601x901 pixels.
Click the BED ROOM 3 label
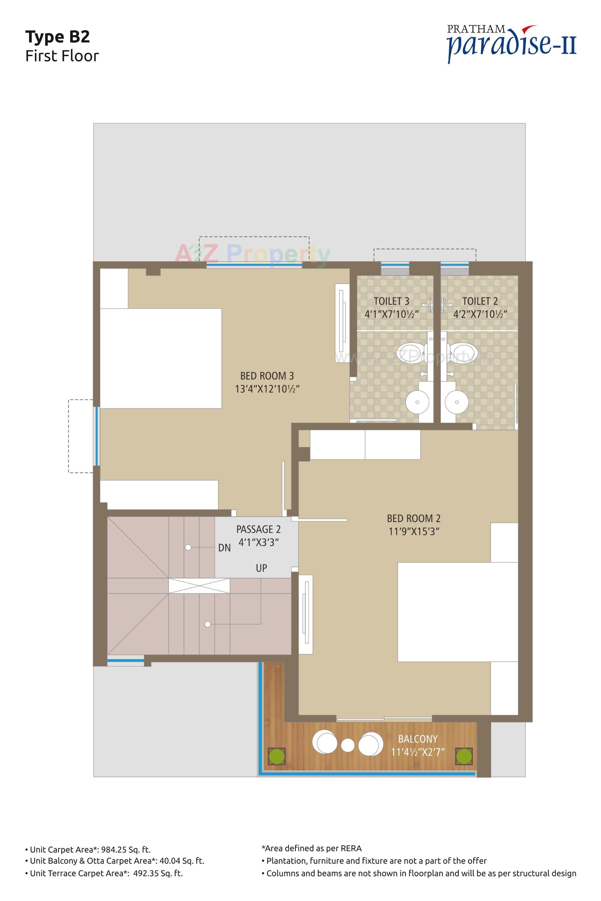pyautogui.click(x=267, y=376)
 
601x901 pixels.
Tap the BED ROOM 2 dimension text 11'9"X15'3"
pyautogui.click(x=414, y=531)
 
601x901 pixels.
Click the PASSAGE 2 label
pyautogui.click(x=258, y=529)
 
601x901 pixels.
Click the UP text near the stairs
pyautogui.click(x=261, y=568)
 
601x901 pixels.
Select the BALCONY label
pyautogui.click(x=417, y=739)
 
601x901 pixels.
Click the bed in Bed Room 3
pyautogui.click(x=161, y=358)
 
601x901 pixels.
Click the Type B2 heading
pyautogui.click(x=58, y=37)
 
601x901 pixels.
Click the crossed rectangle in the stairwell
pyautogui.click(x=199, y=586)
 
